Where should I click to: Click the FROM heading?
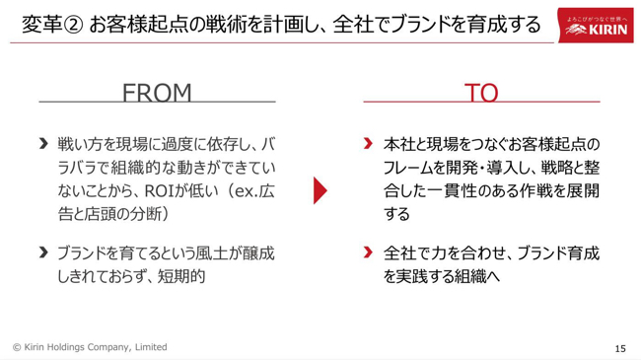157,93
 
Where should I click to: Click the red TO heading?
481,93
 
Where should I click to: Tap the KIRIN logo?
596,26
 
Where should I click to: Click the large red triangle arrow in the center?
320,190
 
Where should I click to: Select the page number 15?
620,348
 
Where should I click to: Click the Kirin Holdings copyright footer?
90,347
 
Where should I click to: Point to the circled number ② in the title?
74,25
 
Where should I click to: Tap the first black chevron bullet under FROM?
43,144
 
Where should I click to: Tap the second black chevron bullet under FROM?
43,252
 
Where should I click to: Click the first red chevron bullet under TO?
368,144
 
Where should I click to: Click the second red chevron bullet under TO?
368,252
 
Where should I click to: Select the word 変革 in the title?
41,25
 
